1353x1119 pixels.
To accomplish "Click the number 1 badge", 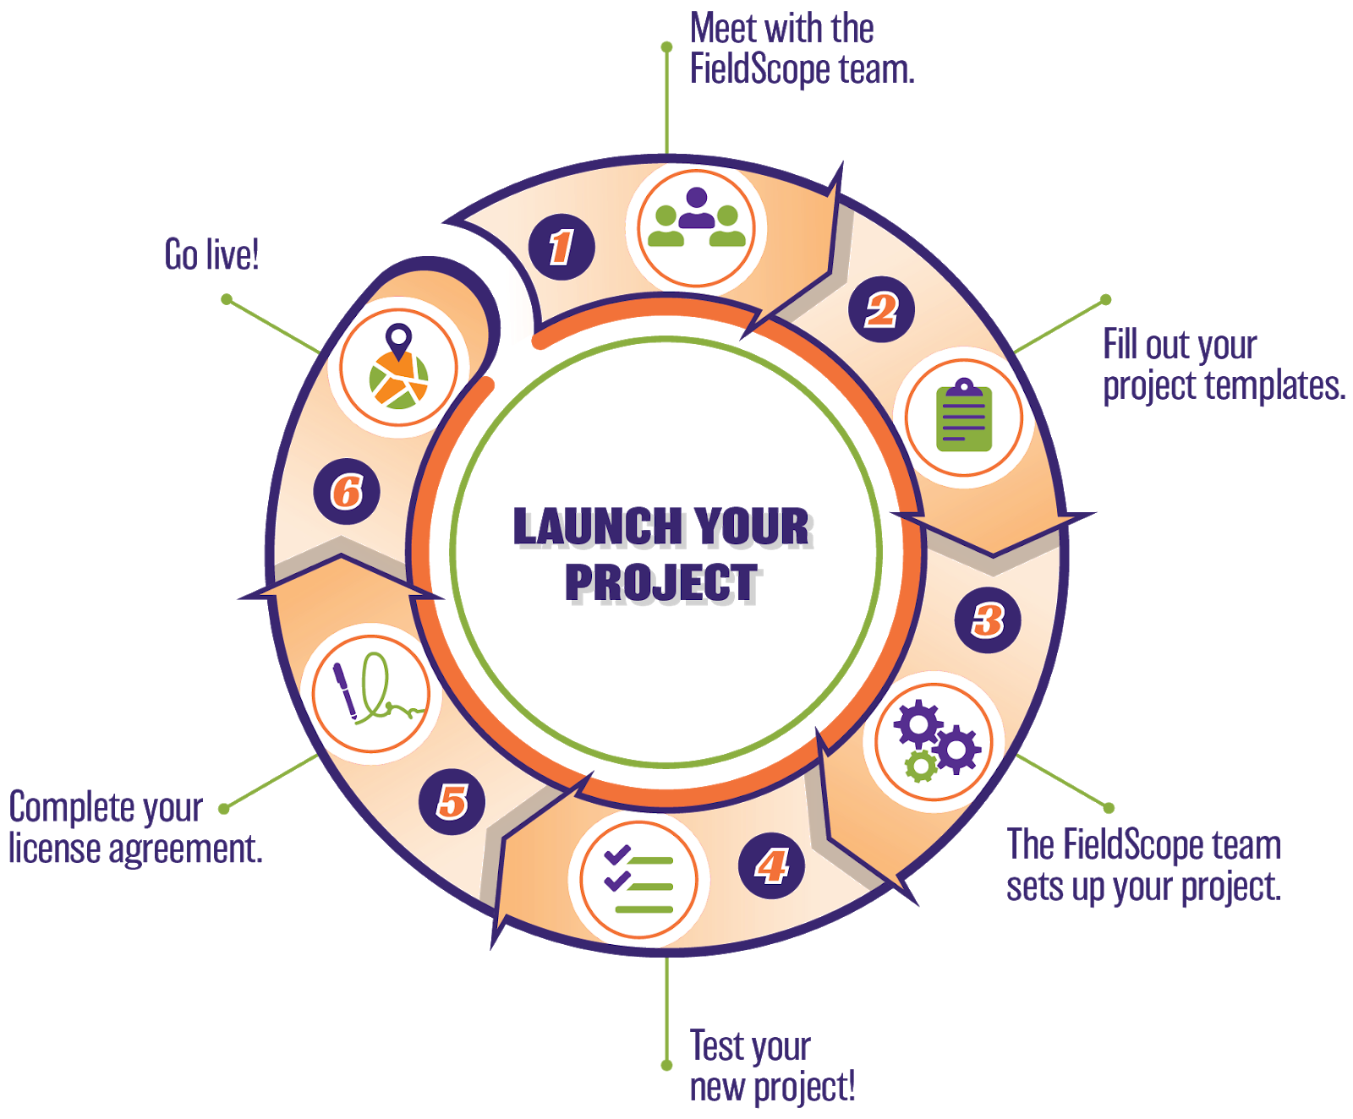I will [561, 247].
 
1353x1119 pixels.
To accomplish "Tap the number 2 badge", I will [882, 309].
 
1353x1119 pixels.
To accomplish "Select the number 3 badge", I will [988, 620].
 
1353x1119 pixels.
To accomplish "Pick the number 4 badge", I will [771, 865].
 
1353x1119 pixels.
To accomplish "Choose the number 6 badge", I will [347, 491].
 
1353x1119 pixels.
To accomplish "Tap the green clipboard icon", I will [964, 417].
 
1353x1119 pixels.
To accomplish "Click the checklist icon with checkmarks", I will [638, 880].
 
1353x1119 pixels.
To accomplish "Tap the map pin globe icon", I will [398, 368].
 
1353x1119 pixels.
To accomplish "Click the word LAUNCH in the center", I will [597, 527].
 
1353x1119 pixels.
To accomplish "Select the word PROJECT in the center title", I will [663, 583].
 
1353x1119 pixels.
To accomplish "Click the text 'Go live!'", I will [211, 254].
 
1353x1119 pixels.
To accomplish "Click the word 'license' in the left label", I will [55, 849].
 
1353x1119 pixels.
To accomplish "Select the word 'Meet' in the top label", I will [724, 29].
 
